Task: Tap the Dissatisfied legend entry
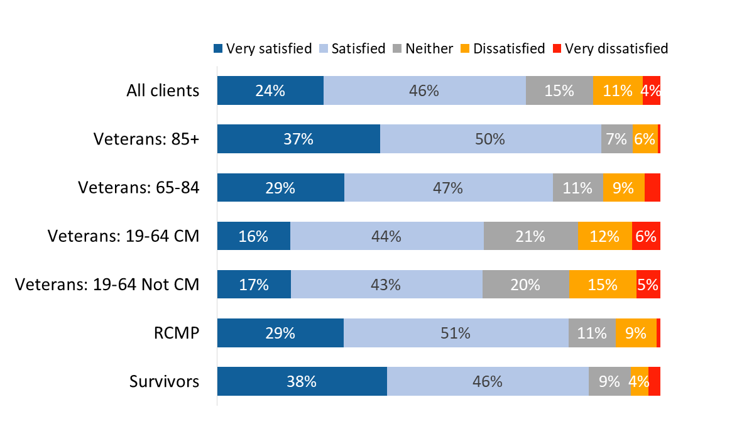point(503,48)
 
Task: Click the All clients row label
point(163,90)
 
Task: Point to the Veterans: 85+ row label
point(146,139)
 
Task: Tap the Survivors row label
point(164,381)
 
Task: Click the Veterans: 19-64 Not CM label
point(107,285)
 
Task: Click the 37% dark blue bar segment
point(298,139)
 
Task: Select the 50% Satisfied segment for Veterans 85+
point(491,139)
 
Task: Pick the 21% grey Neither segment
point(530,236)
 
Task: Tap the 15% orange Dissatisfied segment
point(603,285)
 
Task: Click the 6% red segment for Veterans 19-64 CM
point(646,236)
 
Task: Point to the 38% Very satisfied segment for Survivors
point(302,381)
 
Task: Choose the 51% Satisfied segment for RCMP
point(456,333)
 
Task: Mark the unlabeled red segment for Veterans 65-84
point(652,187)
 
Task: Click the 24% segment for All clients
point(270,90)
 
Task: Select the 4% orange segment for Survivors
point(639,381)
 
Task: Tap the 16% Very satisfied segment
point(253,236)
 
